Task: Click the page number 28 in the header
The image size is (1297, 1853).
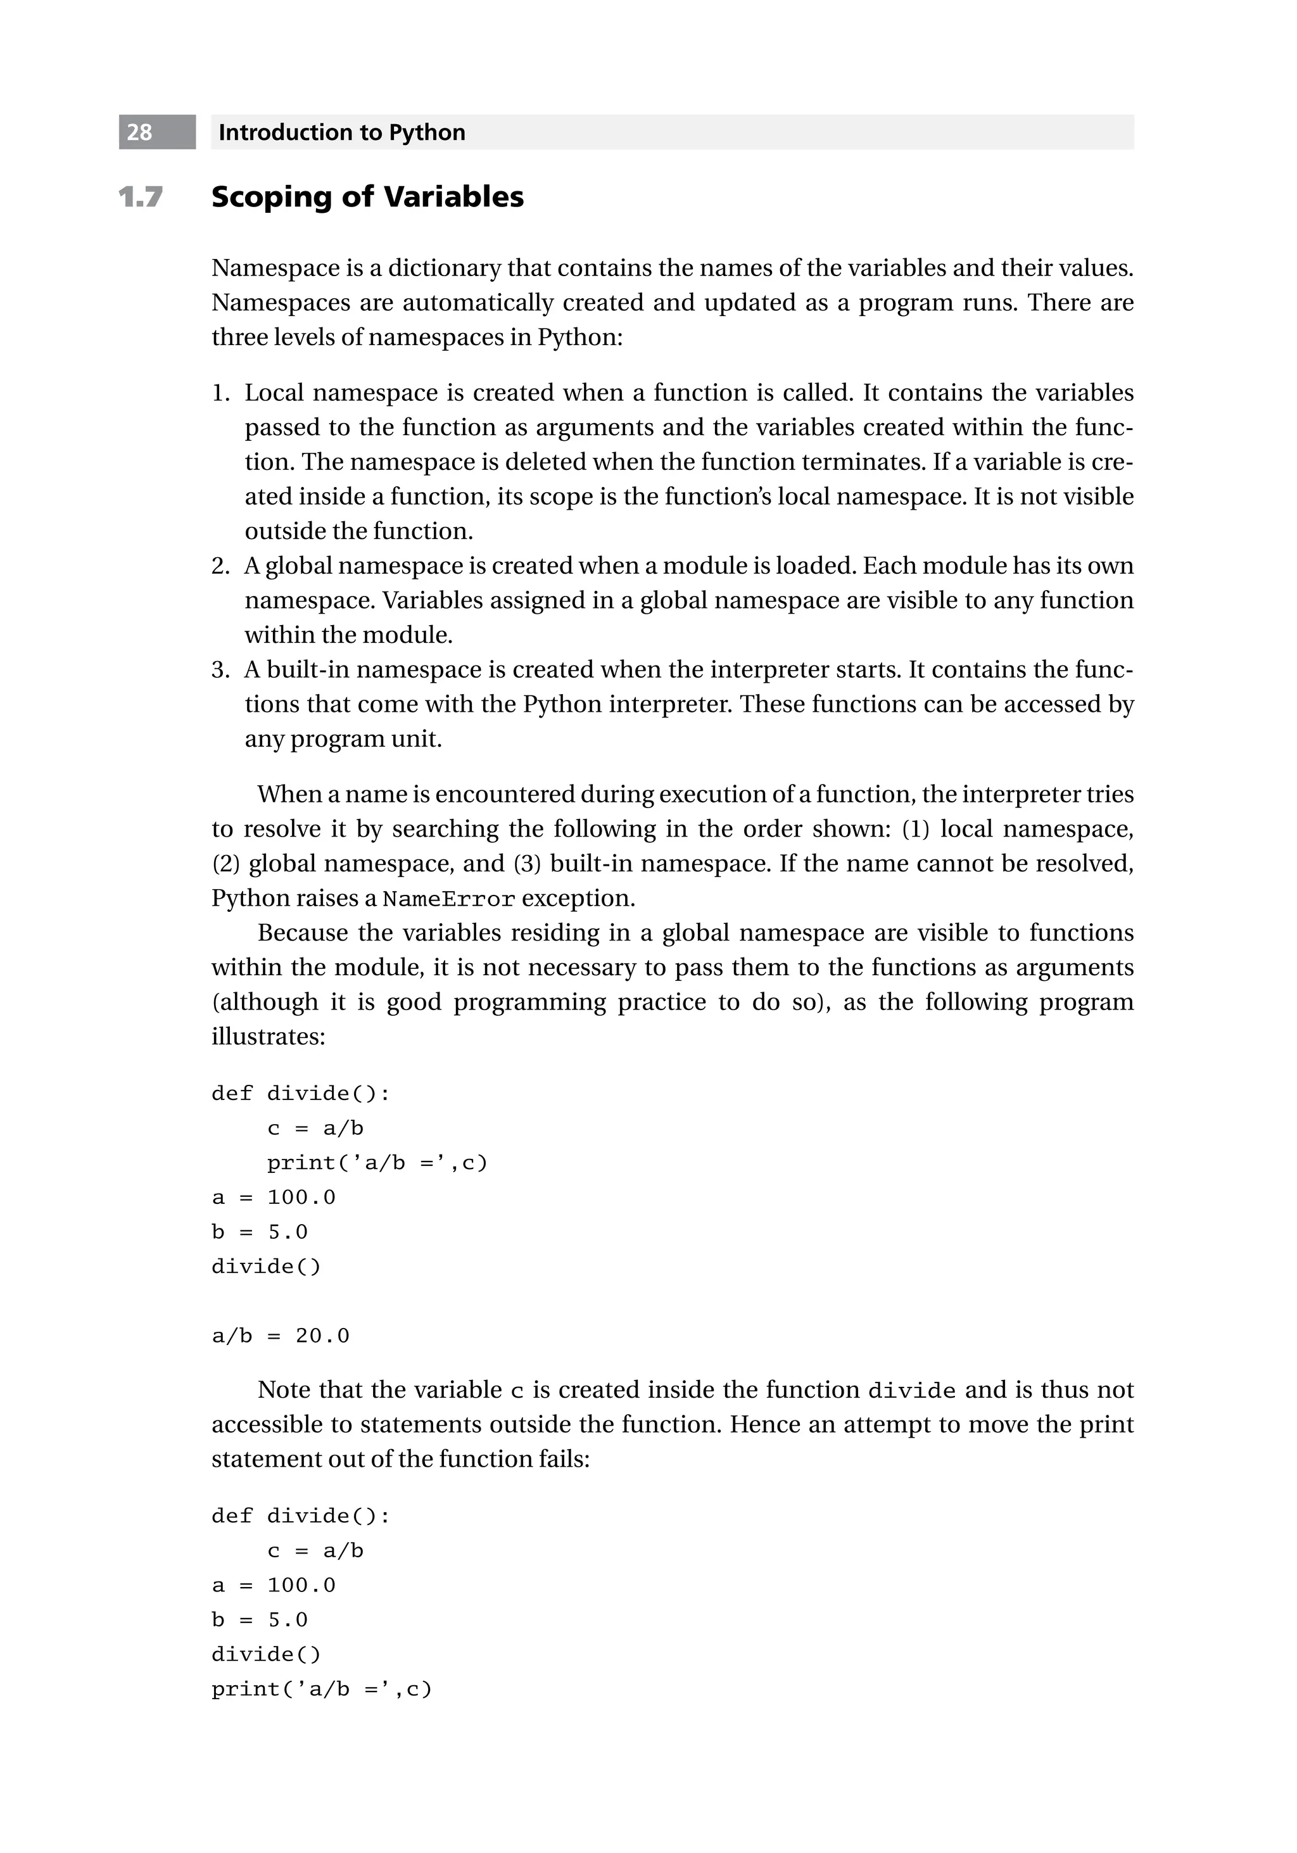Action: [139, 132]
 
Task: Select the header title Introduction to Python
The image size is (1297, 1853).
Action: [341, 132]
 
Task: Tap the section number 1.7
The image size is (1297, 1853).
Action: [141, 197]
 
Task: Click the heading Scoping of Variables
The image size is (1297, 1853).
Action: [367, 197]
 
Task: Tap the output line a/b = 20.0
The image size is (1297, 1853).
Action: [280, 1336]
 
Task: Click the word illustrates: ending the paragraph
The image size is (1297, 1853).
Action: [268, 1036]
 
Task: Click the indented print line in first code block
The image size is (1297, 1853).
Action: [377, 1163]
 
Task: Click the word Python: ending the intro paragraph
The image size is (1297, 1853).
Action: [580, 338]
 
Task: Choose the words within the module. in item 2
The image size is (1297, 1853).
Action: [349, 635]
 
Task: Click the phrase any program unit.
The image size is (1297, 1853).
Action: [343, 739]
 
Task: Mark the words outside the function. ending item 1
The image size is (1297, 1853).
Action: [358, 531]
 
